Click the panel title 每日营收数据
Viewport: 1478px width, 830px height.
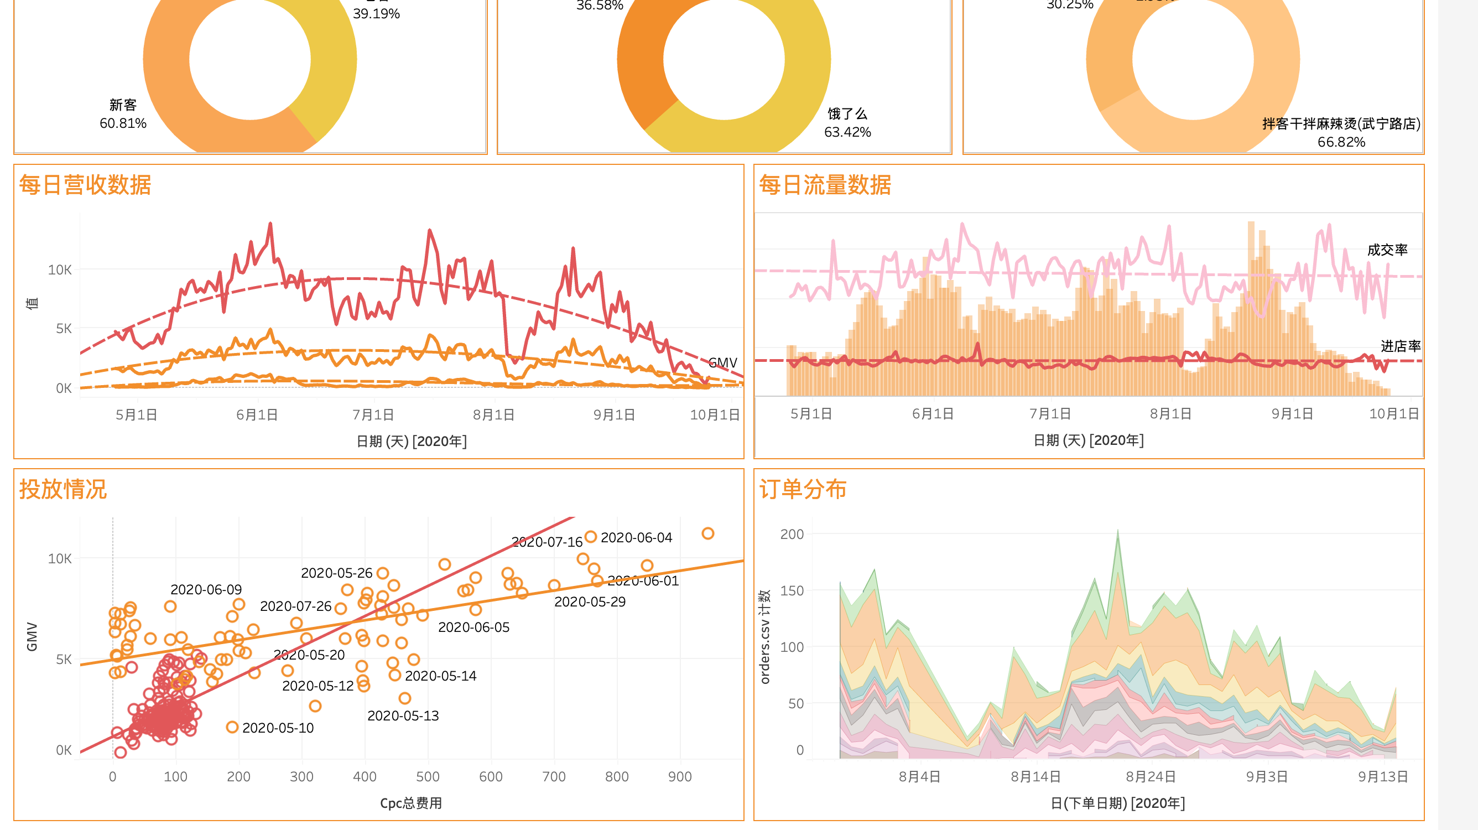85,185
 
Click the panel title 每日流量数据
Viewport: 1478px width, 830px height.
825,185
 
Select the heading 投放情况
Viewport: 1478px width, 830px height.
63,489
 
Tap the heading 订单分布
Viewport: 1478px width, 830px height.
802,489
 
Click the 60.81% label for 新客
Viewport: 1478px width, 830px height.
123,123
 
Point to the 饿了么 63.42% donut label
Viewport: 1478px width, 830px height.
847,123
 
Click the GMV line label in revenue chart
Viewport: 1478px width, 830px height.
722,362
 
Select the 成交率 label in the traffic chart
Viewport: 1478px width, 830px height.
1387,250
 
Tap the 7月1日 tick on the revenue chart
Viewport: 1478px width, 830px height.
373,414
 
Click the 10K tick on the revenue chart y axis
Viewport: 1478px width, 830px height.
60,269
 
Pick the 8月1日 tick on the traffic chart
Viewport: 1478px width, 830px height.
1170,413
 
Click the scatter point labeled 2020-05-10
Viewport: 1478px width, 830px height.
232,727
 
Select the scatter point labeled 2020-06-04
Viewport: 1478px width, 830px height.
590,537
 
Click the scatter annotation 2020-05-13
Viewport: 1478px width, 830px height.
403,715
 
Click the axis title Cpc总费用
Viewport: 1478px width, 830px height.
411,802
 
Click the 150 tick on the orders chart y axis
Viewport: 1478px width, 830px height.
792,590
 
